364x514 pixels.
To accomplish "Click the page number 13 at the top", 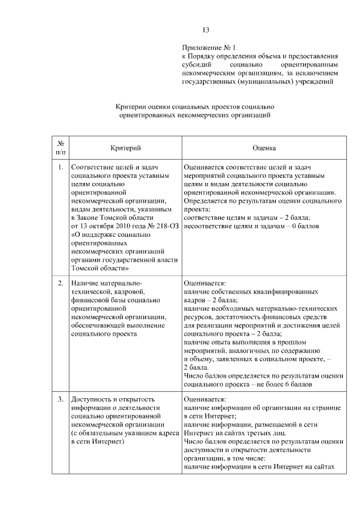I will pos(206,30).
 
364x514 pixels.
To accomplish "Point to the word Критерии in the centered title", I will pos(131,106).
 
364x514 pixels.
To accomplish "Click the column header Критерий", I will pos(126,148).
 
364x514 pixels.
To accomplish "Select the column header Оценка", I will pos(264,148).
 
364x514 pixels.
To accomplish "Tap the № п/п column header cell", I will pos(61,148).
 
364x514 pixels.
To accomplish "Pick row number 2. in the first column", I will pos(61,282).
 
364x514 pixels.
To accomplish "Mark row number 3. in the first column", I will pos(61,399).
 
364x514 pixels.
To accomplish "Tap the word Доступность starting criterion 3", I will pos(92,399).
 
